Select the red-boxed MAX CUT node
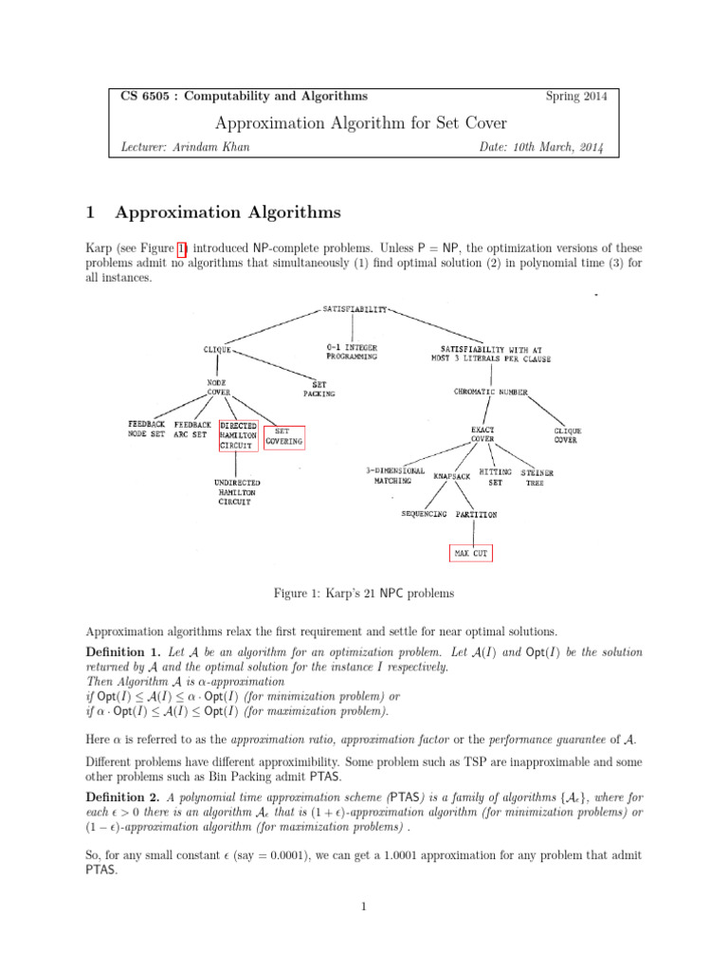click(471, 552)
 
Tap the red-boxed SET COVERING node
click(283, 436)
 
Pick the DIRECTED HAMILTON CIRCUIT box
click(237, 435)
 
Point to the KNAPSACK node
click(451, 476)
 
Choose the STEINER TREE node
click(537, 477)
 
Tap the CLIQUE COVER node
click(567, 435)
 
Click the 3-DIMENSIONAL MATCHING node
click(395, 475)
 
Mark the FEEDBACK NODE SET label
click(146, 430)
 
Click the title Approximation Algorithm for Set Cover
click(362, 122)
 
